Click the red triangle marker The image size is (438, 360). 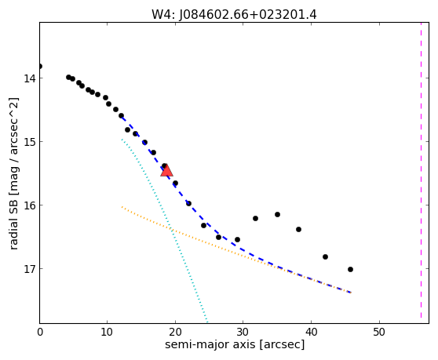(166, 171)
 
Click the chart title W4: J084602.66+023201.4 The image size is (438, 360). (234, 15)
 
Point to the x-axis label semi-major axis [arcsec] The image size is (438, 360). (235, 344)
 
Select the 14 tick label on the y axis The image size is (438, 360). (30, 78)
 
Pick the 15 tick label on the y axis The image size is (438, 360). (30, 142)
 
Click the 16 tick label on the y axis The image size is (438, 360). (30, 205)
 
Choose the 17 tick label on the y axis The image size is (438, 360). (30, 269)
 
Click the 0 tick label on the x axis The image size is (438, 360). (40, 332)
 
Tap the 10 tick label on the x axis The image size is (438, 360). (107, 332)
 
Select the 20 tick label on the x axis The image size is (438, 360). (175, 332)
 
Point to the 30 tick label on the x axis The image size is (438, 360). (243, 332)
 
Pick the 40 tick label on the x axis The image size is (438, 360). (311, 332)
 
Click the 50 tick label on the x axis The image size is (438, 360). (379, 332)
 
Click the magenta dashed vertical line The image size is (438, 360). (421, 170)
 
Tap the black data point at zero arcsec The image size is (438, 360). (40, 66)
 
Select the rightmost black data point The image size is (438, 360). (350, 269)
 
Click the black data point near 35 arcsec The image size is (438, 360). (277, 214)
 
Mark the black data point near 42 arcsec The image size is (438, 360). (325, 256)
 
